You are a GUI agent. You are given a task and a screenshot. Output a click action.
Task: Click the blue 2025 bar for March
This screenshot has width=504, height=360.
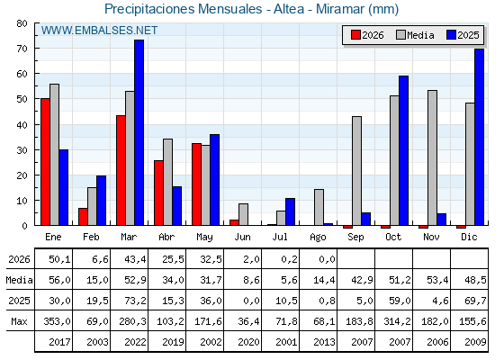coord(139,132)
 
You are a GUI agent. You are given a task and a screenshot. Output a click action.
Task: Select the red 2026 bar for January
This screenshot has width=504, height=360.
coord(45,162)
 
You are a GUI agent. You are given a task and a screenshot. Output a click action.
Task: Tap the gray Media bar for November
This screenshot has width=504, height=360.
coord(432,157)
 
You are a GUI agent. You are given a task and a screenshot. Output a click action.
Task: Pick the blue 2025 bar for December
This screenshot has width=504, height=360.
coord(479,137)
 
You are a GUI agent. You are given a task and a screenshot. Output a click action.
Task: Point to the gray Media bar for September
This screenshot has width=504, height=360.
coord(356,171)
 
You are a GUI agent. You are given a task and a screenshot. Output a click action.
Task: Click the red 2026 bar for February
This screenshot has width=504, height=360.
coord(83,217)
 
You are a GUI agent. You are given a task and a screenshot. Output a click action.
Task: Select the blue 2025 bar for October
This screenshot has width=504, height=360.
coord(404,150)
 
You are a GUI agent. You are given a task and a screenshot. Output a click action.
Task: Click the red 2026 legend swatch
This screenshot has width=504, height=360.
coord(355,35)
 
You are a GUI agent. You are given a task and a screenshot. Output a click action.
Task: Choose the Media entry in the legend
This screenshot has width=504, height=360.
coord(415,35)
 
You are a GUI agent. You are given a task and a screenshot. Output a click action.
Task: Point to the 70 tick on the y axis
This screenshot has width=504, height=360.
coord(22,49)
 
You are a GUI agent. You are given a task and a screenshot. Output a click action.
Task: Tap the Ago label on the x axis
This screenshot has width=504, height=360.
coord(318,238)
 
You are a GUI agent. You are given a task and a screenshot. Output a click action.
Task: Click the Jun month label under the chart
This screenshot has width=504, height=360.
coord(242,237)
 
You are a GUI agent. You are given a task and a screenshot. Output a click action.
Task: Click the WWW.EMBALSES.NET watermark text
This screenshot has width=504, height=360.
coord(99,31)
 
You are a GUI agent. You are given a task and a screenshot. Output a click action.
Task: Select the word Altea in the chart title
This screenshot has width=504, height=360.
coord(289,9)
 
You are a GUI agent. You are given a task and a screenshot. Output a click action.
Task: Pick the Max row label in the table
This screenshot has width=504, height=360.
coord(19,321)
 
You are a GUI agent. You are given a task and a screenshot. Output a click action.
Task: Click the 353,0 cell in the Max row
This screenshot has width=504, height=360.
coord(58,321)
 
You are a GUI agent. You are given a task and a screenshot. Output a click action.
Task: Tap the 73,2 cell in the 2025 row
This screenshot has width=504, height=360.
coord(135,301)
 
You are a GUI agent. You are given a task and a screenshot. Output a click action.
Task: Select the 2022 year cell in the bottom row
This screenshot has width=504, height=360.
coord(135,342)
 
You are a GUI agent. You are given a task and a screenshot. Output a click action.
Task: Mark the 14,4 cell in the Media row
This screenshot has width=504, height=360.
coord(324,280)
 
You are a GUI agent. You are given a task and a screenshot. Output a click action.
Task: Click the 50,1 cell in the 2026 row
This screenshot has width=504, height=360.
coord(59,259)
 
